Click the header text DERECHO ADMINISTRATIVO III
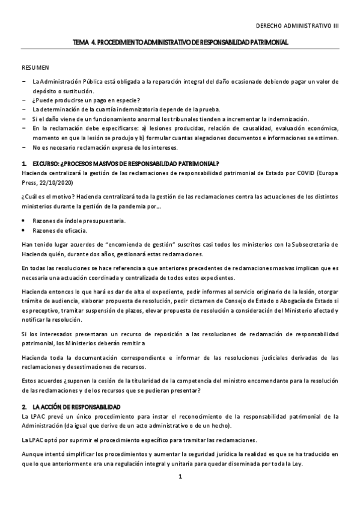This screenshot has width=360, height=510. coord(297,26)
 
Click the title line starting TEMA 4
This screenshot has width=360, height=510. coord(180,43)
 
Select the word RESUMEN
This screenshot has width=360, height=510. coord(35,68)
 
